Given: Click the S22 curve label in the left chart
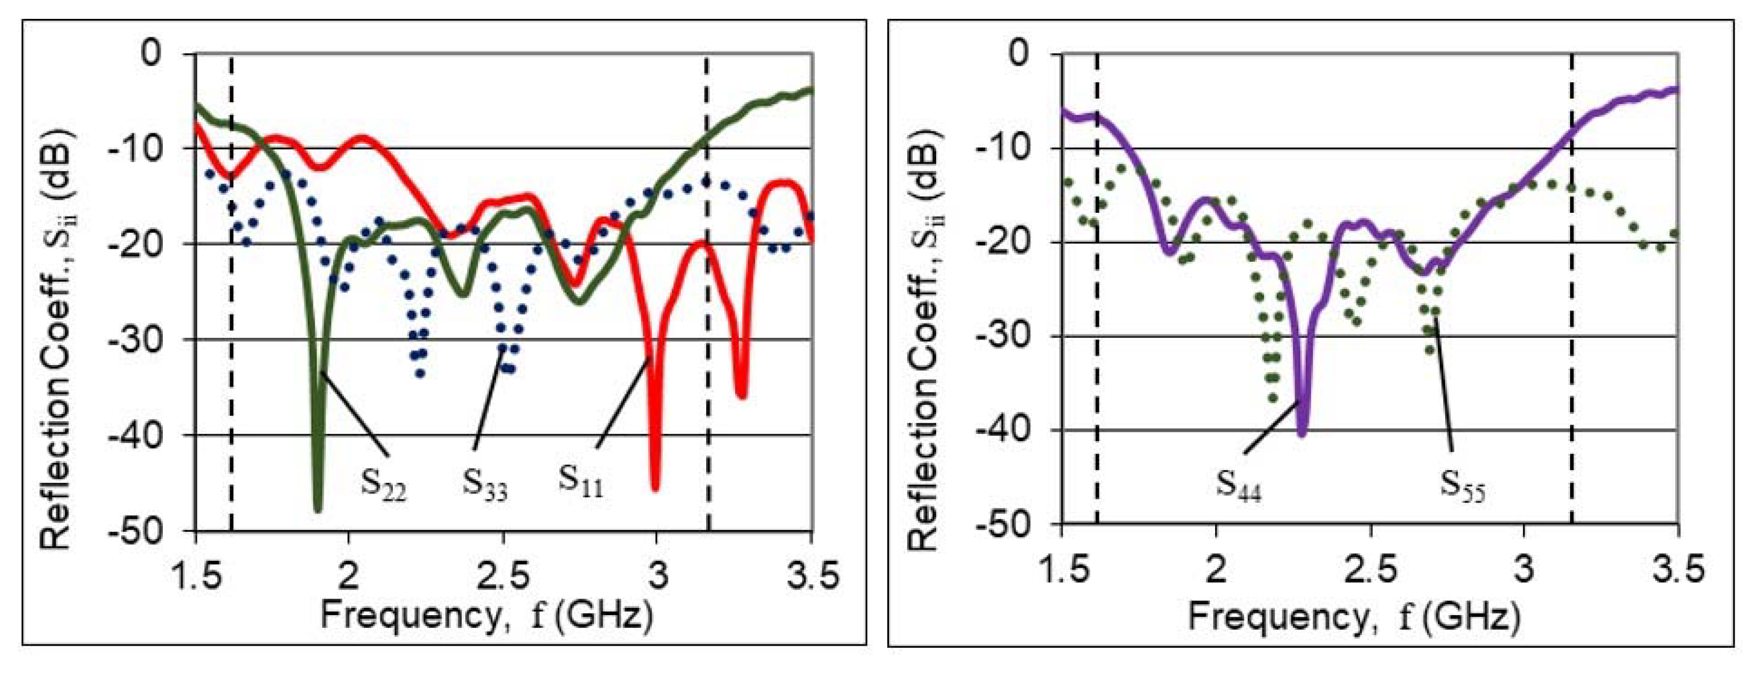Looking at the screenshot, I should (x=383, y=484).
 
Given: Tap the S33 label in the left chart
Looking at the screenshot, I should (x=485, y=484).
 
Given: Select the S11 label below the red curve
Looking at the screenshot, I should (x=580, y=480).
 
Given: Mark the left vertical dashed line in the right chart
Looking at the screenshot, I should (x=1097, y=306).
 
